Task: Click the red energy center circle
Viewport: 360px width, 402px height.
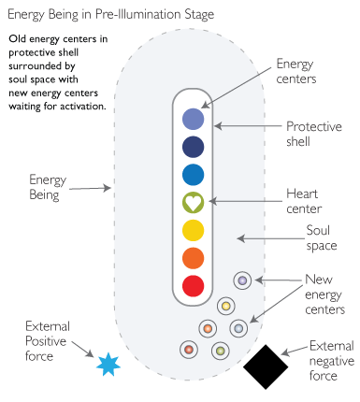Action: pos(193,285)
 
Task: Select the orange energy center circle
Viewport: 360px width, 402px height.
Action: pos(193,257)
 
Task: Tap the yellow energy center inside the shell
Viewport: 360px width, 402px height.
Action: pos(193,229)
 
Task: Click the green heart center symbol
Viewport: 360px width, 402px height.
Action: pos(193,201)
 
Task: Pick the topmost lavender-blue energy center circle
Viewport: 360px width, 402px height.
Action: pos(193,118)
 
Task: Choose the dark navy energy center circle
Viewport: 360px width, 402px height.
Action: pos(193,146)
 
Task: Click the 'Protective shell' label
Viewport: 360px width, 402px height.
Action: pos(311,133)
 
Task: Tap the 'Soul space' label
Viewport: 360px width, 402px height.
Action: pos(322,237)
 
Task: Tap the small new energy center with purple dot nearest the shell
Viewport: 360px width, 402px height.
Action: pos(241,280)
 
